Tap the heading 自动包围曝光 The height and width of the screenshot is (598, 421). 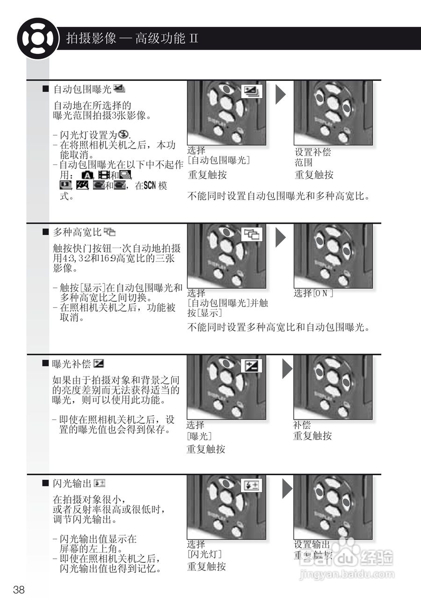pyautogui.click(x=82, y=88)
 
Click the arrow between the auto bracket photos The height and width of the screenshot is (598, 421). pyautogui.click(x=280, y=94)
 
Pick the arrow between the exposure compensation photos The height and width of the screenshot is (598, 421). pyautogui.click(x=287, y=369)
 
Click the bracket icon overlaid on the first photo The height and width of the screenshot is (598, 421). pyautogui.click(x=252, y=92)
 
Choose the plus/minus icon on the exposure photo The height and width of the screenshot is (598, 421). pyautogui.click(x=251, y=366)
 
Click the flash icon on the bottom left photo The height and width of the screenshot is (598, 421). pyautogui.click(x=252, y=486)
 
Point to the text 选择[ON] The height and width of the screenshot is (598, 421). pyautogui.click(x=313, y=293)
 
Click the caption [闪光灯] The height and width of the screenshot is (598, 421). pyautogui.click(x=204, y=555)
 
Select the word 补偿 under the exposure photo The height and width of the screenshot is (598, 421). pyautogui.click(x=302, y=425)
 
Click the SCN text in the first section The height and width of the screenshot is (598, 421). pyautogui.click(x=150, y=185)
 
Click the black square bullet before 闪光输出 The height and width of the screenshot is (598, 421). pyautogui.click(x=45, y=483)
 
